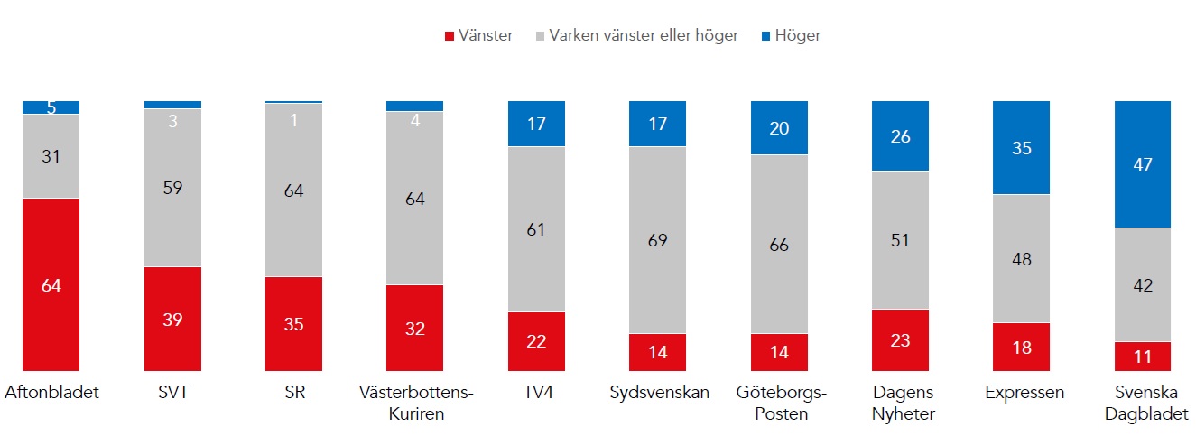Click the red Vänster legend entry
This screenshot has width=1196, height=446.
[478, 36]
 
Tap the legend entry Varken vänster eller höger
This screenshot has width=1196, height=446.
[637, 36]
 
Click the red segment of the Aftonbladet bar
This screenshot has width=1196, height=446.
[51, 284]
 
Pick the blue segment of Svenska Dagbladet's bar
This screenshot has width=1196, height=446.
[1143, 164]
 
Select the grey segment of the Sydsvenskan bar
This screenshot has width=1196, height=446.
[657, 240]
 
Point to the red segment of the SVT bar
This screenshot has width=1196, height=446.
[172, 319]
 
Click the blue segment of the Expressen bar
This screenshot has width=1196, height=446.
[1021, 148]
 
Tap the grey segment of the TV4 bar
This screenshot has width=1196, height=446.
[536, 229]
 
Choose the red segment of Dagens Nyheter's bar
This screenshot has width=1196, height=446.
[900, 340]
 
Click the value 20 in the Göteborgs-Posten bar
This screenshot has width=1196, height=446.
[779, 128]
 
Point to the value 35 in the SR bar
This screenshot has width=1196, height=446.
[293, 324]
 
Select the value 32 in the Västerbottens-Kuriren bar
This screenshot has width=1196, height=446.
[415, 329]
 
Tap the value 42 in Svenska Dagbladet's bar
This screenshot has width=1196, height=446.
[1143, 285]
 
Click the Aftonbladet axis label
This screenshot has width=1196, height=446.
[51, 393]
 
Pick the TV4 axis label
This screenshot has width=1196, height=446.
[536, 393]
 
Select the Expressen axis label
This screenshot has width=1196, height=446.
[1021, 393]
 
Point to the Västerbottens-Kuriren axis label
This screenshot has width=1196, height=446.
[415, 403]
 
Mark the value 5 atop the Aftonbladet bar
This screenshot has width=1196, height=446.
[51, 108]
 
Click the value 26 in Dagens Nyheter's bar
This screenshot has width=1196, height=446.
[900, 136]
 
